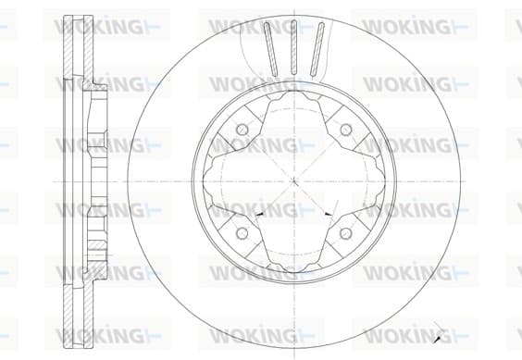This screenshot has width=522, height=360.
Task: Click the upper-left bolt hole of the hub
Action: pyautogui.click(x=242, y=129)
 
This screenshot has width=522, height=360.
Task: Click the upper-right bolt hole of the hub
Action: pyautogui.click(x=346, y=129)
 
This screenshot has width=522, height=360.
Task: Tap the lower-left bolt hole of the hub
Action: pyautogui.click(x=242, y=233)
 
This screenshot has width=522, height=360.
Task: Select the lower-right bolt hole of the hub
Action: pyautogui.click(x=346, y=233)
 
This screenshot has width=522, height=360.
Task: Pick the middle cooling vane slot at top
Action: pyautogui.click(x=294, y=47)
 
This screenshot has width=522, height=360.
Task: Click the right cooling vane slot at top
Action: pyautogui.click(x=317, y=49)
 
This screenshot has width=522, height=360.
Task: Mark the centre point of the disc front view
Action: pyautogui.click(x=294, y=181)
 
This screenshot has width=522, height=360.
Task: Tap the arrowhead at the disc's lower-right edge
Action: pyautogui.click(x=438, y=339)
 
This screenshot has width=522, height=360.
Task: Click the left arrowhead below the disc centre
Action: pyautogui.click(x=260, y=214)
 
